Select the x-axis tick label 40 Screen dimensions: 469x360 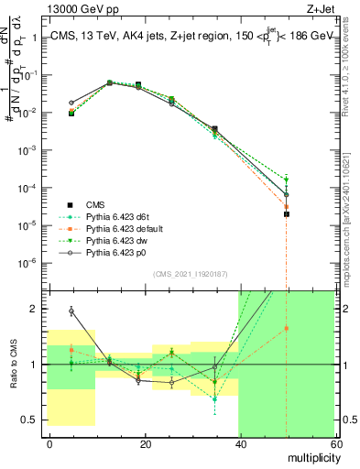point(241,443)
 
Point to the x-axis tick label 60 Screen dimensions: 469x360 point(335,443)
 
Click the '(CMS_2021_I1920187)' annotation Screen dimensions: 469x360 point(190,274)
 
